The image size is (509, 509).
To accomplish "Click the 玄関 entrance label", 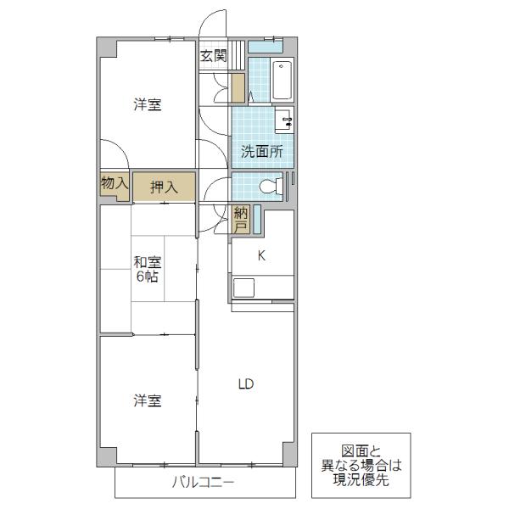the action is tap(213, 56).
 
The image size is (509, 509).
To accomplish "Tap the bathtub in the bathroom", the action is tap(282, 81).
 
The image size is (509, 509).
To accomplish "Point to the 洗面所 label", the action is tap(261, 152).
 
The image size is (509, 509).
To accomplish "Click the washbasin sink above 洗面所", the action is tap(284, 120).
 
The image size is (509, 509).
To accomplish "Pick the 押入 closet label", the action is tap(164, 187).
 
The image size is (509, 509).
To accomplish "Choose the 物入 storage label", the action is tap(115, 183).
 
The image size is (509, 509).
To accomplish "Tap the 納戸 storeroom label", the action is tap(241, 220).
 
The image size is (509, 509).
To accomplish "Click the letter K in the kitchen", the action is tap(261, 255).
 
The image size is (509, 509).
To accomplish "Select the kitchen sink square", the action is tap(243, 288).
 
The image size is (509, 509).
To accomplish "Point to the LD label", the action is tap(246, 384).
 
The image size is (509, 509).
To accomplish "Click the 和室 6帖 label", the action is tap(148, 270).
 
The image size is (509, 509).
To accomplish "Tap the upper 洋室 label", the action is tap(148, 104).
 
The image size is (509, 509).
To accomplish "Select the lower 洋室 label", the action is tap(148, 401).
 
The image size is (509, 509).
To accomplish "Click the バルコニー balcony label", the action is tap(203, 483).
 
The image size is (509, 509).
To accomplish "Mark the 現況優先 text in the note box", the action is tap(361, 480).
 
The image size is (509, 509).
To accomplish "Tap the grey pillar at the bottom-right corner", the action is tap(289, 454).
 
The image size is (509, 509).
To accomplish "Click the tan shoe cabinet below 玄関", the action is tap(238, 88).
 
